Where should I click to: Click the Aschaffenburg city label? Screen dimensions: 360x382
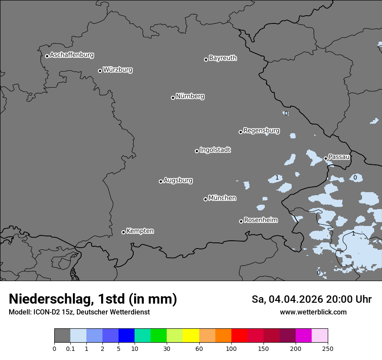pyautogui.click(x=72, y=55)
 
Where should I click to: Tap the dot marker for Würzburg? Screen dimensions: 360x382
pyautogui.click(x=100, y=71)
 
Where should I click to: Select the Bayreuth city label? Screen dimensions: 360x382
pyautogui.click(x=223, y=58)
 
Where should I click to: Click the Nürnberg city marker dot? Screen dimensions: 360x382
pyautogui.click(x=173, y=98)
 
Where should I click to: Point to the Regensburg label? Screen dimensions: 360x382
pyautogui.click(x=261, y=131)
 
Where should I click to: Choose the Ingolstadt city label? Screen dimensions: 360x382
pyautogui.click(x=215, y=150)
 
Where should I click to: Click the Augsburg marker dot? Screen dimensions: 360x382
pyautogui.click(x=161, y=181)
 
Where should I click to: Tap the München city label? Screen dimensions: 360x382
pyautogui.click(x=222, y=198)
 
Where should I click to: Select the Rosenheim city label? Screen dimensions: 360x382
pyautogui.click(x=260, y=220)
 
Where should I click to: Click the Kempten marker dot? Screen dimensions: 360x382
pyautogui.click(x=123, y=232)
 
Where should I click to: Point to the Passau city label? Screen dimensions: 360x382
pyautogui.click(x=339, y=157)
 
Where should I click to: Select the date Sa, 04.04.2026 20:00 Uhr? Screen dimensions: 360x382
pyautogui.click(x=311, y=299)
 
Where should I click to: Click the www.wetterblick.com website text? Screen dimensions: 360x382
pyautogui.click(x=313, y=312)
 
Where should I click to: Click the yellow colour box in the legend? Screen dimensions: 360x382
pyautogui.click(x=191, y=336)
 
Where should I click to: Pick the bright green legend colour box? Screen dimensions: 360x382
pyautogui.click(x=159, y=336)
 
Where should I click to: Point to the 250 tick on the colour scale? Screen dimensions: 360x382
pyautogui.click(x=328, y=348)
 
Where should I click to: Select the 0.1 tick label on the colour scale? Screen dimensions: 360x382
pyautogui.click(x=70, y=348)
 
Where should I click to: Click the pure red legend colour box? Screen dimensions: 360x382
pyautogui.click(x=239, y=336)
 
